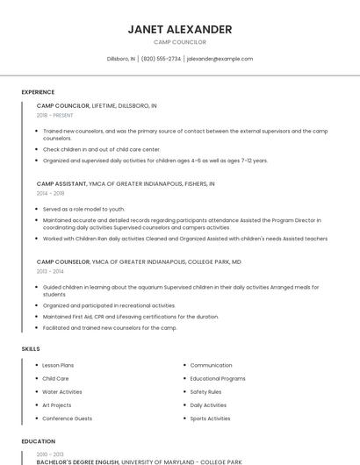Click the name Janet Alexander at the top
(180, 29)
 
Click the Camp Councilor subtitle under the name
(180, 42)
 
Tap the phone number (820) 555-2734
(161, 59)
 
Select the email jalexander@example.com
(220, 59)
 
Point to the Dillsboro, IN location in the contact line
(121, 59)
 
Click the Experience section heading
(38, 92)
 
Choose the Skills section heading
(31, 349)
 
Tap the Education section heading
(39, 441)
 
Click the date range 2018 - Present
(55, 115)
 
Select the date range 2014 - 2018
(50, 193)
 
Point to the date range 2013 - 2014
(50, 271)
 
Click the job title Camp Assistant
(61, 184)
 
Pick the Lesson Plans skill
(58, 365)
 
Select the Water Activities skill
(62, 392)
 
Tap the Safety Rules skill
(205, 392)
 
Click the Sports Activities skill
(210, 418)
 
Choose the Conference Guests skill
(67, 418)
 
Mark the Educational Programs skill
(218, 378)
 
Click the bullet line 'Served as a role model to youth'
(84, 209)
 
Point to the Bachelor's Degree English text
(78, 461)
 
